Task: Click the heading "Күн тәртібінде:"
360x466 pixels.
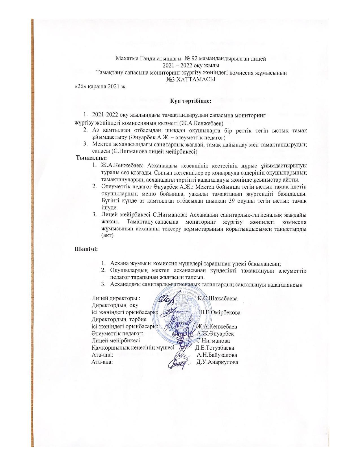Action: [x=191, y=101]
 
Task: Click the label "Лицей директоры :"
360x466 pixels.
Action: [x=116, y=299]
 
